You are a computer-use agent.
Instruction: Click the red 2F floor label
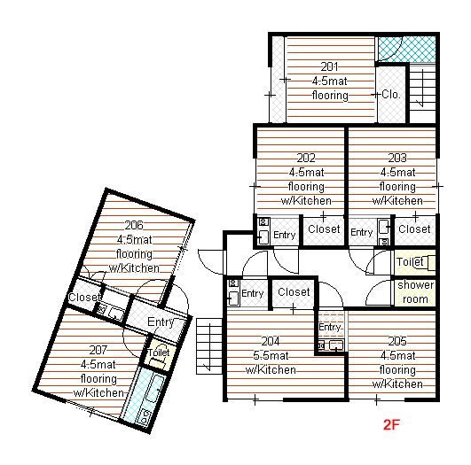391,424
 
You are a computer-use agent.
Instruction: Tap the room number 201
330,66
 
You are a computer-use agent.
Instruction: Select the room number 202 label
306,158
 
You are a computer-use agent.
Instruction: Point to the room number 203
397,158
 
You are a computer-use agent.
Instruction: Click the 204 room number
271,341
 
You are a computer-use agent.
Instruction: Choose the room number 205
397,341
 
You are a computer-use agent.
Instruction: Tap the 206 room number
134,225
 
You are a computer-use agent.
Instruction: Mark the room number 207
98,350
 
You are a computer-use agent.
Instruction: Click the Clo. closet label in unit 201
391,95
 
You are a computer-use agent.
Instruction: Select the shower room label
415,292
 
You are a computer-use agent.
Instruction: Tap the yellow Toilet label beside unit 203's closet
410,262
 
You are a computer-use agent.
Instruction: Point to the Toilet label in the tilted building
159,353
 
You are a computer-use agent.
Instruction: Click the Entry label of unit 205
330,327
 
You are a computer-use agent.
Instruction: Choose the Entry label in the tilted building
161,322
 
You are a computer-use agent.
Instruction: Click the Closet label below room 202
324,229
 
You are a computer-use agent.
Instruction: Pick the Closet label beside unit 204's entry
294,292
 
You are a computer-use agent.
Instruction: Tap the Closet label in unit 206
84,298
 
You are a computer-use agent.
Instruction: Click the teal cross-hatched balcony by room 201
406,50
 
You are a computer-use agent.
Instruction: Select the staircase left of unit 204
209,346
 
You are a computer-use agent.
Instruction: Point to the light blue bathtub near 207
141,395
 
